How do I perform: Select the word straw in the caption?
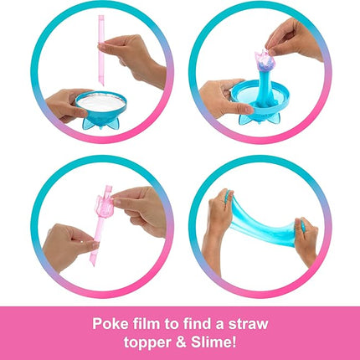click(248, 324)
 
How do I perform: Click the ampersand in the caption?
click(182, 342)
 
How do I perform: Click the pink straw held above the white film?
click(101, 50)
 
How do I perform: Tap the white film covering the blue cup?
click(100, 103)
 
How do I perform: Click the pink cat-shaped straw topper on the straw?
click(104, 208)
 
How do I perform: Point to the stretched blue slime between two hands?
click(261, 224)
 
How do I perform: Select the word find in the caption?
click(195, 324)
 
